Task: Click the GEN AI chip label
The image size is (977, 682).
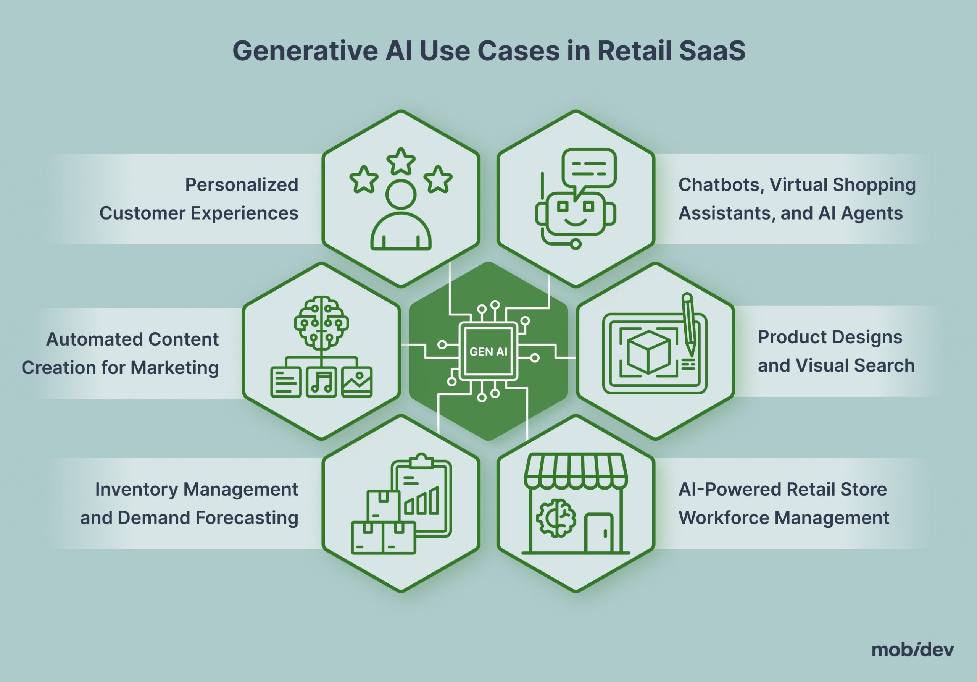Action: click(x=488, y=352)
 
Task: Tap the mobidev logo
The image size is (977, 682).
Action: click(x=913, y=650)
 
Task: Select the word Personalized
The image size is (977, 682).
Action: click(x=241, y=185)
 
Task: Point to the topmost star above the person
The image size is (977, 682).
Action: click(x=401, y=162)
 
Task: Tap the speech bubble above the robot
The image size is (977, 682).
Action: click(x=589, y=168)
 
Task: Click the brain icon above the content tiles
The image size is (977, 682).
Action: click(x=321, y=322)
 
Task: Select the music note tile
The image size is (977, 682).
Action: click(x=321, y=382)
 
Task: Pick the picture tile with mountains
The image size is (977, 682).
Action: click(x=357, y=382)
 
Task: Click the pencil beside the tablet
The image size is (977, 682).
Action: click(x=689, y=323)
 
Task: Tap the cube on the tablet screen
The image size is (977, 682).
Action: click(x=648, y=352)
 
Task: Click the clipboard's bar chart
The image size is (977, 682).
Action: click(x=422, y=503)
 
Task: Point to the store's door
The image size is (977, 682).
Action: click(x=599, y=533)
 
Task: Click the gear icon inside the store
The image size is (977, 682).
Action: click(x=556, y=518)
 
